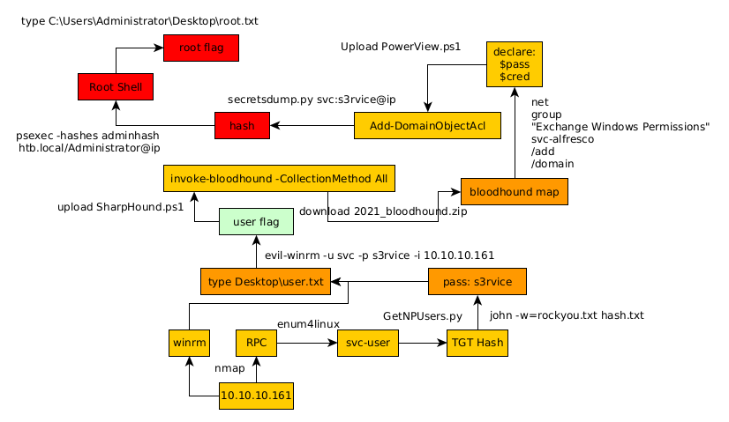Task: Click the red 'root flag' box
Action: pyautogui.click(x=200, y=48)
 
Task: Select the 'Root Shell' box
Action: pyautogui.click(x=116, y=87)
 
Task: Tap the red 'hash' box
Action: pyautogui.click(x=242, y=126)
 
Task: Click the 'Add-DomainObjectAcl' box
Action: pyautogui.click(x=427, y=126)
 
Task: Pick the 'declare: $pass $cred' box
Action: pyautogui.click(x=514, y=64)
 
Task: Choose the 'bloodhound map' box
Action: pyautogui.click(x=514, y=191)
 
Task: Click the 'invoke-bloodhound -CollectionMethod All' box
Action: pyautogui.click(x=279, y=179)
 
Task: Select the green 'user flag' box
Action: pyautogui.click(x=256, y=222)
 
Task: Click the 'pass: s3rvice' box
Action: pyautogui.click(x=477, y=281)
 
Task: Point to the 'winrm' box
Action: pyautogui.click(x=189, y=342)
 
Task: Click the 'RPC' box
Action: pyautogui.click(x=257, y=342)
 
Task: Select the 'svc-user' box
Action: pyautogui.click(x=367, y=342)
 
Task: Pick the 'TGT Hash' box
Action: pyautogui.click(x=477, y=342)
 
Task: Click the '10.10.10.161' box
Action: pyautogui.click(x=256, y=396)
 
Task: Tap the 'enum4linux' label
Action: pyautogui.click(x=308, y=324)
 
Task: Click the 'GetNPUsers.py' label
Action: pyautogui.click(x=423, y=315)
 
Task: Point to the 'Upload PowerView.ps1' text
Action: pyautogui.click(x=401, y=46)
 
